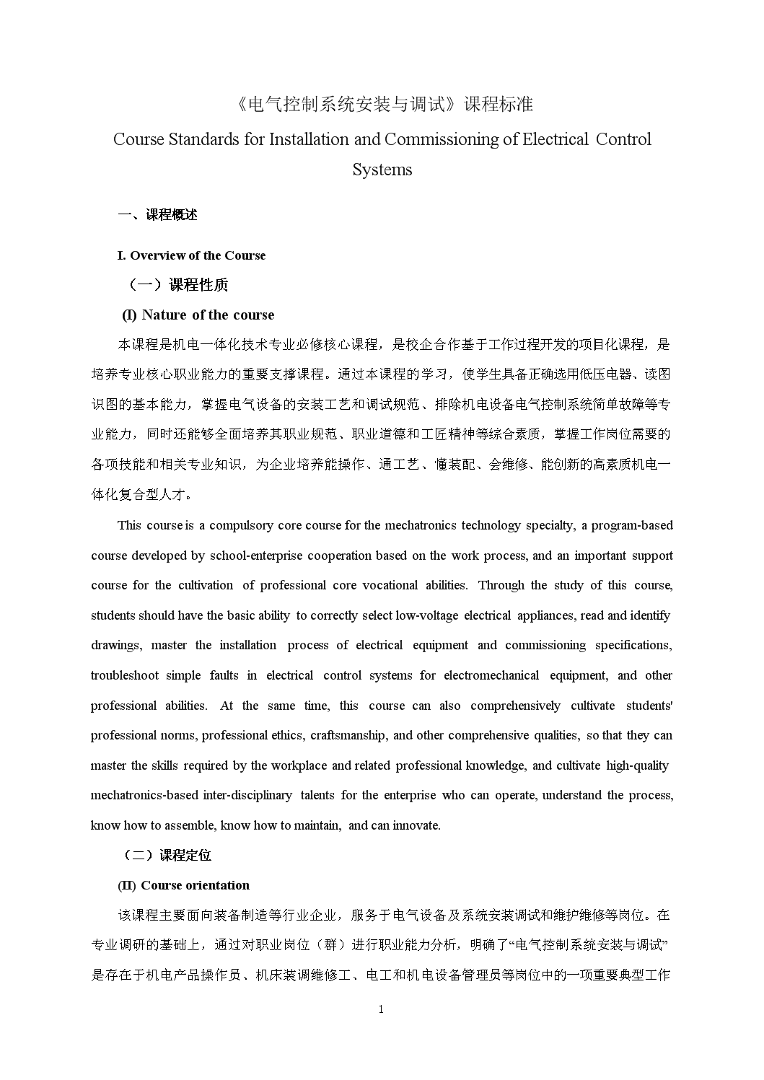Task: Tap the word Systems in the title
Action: [x=382, y=170]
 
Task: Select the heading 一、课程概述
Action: [x=157, y=215]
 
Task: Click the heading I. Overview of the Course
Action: [x=191, y=255]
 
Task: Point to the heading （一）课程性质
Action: [x=178, y=285]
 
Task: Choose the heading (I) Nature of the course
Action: [x=198, y=315]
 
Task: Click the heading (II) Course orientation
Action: [x=183, y=885]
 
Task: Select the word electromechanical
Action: [x=491, y=675]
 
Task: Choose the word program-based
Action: [x=632, y=525]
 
